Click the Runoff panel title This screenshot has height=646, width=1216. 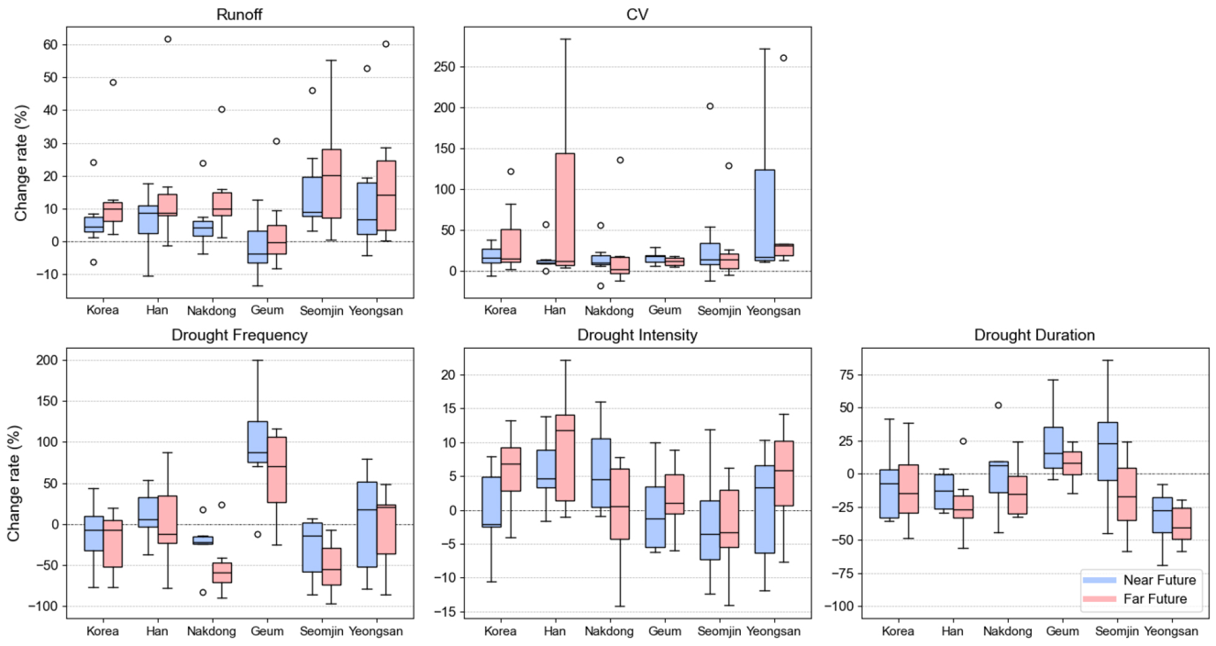(x=239, y=14)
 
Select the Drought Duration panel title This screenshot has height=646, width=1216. (x=1034, y=335)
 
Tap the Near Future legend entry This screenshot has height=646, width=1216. (x=1159, y=580)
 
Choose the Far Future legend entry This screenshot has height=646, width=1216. (x=1155, y=599)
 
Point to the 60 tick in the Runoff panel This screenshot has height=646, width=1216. (x=50, y=45)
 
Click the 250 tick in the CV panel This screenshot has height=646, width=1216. (x=444, y=67)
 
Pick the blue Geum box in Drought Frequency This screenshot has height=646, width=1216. (x=257, y=442)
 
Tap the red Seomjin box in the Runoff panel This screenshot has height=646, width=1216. (x=331, y=184)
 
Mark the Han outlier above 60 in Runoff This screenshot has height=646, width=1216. (x=168, y=39)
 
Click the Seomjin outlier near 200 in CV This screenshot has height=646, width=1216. (x=710, y=106)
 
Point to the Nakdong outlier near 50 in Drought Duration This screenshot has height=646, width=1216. (x=998, y=405)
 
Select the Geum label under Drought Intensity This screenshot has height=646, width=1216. (x=664, y=631)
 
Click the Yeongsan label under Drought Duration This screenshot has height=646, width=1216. (x=1171, y=631)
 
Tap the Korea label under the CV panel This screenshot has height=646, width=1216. (x=500, y=310)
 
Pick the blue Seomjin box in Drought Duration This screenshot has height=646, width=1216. (x=1107, y=451)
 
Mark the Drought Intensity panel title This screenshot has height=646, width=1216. (x=637, y=335)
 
